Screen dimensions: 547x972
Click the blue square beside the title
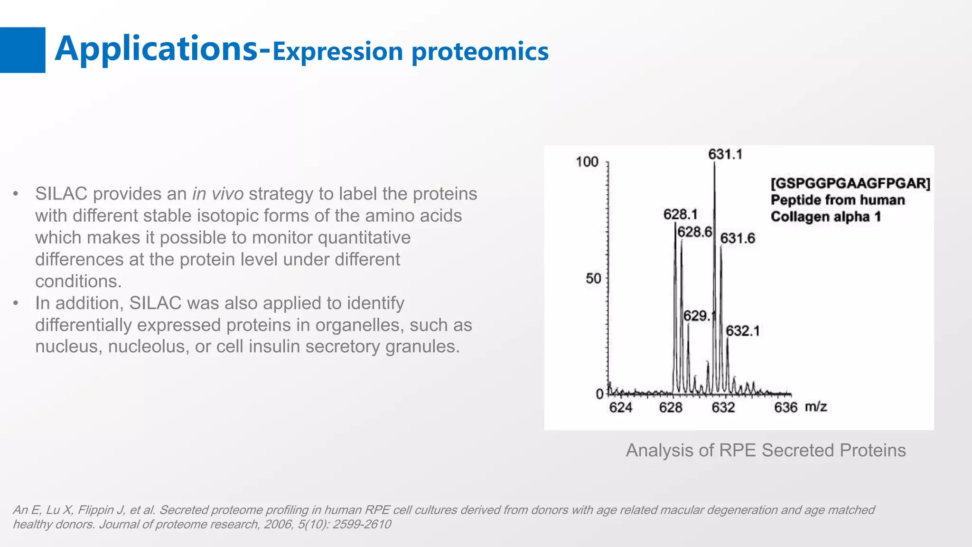pos(22,50)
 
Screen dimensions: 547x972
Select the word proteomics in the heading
pos(480,52)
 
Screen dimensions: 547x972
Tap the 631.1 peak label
pos(725,154)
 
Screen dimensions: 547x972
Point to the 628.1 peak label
pos(680,215)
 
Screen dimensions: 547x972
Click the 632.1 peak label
pos(742,331)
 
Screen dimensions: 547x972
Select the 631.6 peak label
pos(737,238)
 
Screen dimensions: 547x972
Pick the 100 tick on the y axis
pos(587,162)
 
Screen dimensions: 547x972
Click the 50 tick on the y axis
pos(593,278)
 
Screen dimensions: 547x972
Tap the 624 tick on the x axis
pos(620,407)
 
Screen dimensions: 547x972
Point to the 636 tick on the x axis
pos(785,407)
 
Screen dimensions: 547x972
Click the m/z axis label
pos(816,406)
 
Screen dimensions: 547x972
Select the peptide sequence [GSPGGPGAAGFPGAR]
pos(850,183)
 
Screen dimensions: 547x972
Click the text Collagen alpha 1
pos(825,217)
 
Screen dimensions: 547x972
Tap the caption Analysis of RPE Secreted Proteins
pos(766,450)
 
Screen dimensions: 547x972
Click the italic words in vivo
pos(218,194)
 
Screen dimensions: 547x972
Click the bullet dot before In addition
pos(16,303)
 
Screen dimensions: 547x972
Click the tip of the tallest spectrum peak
pos(714,163)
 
